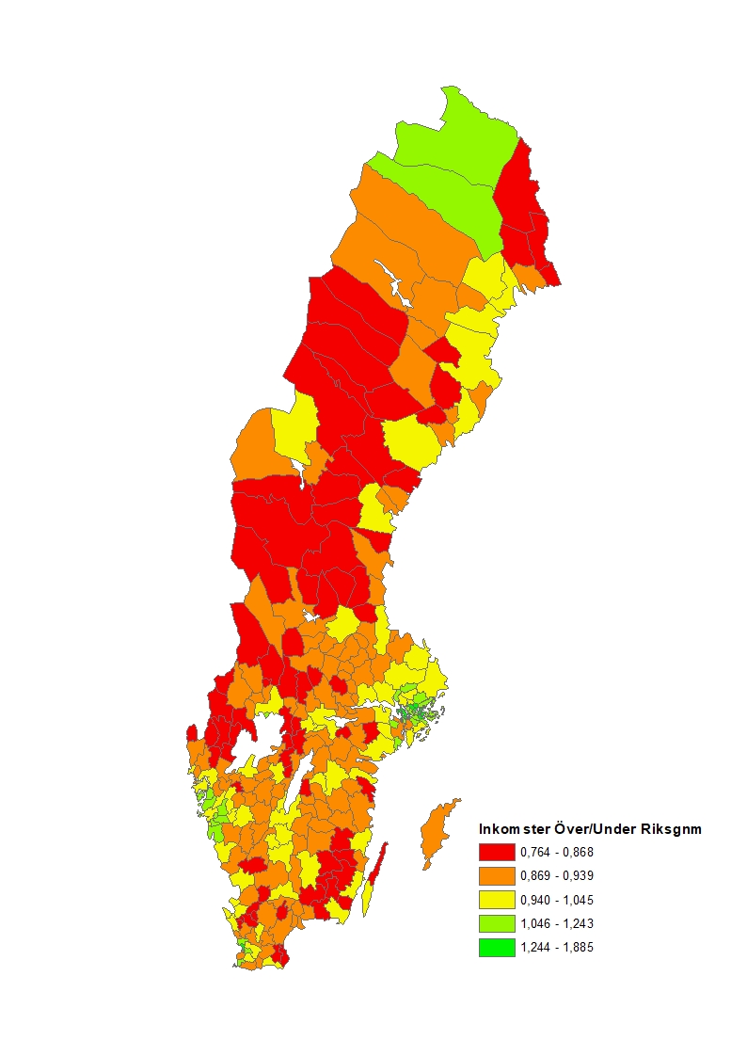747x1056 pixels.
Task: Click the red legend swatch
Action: pyautogui.click(x=497, y=853)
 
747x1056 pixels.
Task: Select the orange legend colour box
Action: pyautogui.click(x=497, y=876)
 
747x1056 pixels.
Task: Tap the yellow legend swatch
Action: pyautogui.click(x=497, y=900)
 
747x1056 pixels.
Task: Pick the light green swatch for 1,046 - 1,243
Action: pyautogui.click(x=497, y=924)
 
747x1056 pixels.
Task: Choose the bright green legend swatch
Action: pyautogui.click(x=497, y=948)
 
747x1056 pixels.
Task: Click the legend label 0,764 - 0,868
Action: pyautogui.click(x=557, y=853)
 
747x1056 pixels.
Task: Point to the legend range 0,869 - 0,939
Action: pyautogui.click(x=557, y=876)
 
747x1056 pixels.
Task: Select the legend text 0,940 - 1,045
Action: pyautogui.click(x=557, y=900)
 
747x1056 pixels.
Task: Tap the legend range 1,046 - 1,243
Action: pyautogui.click(x=557, y=924)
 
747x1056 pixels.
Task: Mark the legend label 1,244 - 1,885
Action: pyautogui.click(x=557, y=948)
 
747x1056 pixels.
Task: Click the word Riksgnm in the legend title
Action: pyautogui.click(x=671, y=829)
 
